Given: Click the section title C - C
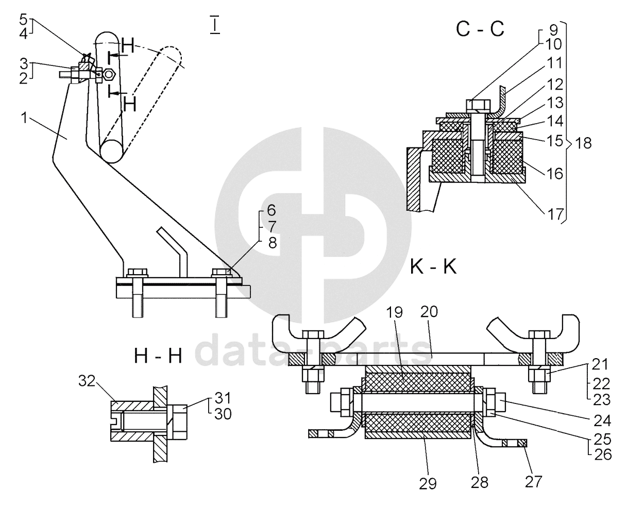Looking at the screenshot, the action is tap(480, 29).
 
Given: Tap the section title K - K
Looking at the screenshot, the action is tap(433, 267).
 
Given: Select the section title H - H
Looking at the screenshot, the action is tap(158, 356).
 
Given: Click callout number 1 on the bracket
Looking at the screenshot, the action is tap(24, 117).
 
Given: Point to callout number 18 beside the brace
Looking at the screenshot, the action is tap(584, 143).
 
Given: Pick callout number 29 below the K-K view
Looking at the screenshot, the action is tap(428, 484).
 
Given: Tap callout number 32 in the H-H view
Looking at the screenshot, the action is tap(87, 381).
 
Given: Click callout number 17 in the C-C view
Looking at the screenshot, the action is tap(555, 215).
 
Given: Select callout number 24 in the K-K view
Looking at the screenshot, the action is tap(602, 421).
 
